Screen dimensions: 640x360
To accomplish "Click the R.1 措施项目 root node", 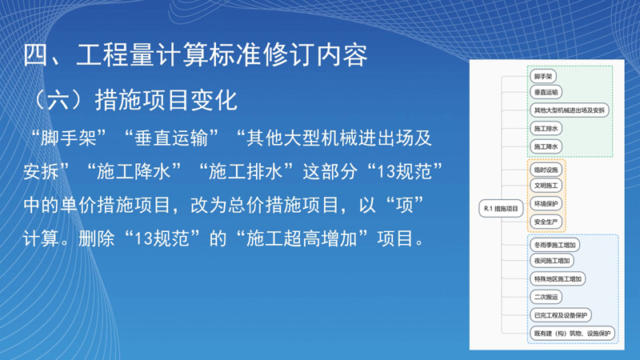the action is (x=501, y=209).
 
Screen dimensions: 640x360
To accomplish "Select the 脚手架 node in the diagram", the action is (x=543, y=76).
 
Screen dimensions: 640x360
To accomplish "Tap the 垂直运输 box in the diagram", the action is (x=546, y=92).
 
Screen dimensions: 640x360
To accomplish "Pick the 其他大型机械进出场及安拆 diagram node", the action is (x=570, y=110).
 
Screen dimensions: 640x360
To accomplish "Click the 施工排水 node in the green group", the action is (x=546, y=129).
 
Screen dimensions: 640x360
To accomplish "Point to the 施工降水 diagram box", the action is (x=546, y=146).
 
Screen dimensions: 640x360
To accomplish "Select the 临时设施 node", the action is (x=546, y=170).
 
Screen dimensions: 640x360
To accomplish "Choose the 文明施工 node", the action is (x=546, y=186).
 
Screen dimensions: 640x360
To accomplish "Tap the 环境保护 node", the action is (x=546, y=204).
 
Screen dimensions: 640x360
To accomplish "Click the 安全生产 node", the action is (x=546, y=222).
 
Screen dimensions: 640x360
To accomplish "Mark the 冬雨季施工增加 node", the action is (x=554, y=245).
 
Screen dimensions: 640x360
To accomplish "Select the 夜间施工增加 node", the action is (x=552, y=261).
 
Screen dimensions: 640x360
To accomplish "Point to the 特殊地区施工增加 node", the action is (x=558, y=278).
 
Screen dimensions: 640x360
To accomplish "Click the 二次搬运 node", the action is (x=546, y=297).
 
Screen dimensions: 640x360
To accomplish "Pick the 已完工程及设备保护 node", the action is (x=561, y=315).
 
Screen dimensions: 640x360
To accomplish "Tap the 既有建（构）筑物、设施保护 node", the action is (x=572, y=334).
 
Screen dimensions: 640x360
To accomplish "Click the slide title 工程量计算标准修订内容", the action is (x=222, y=54).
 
